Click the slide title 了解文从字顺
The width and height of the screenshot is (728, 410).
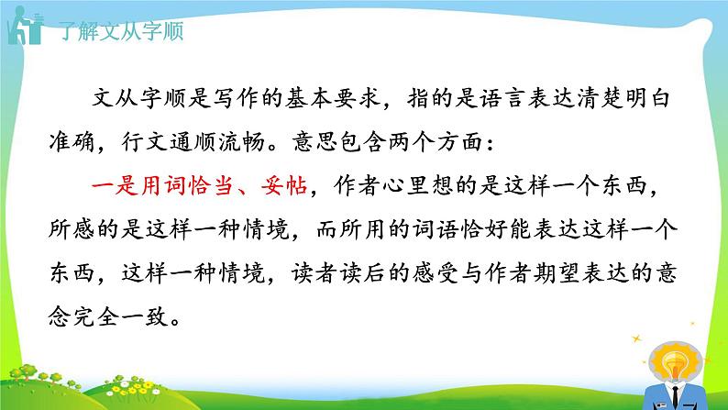tap(120, 31)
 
